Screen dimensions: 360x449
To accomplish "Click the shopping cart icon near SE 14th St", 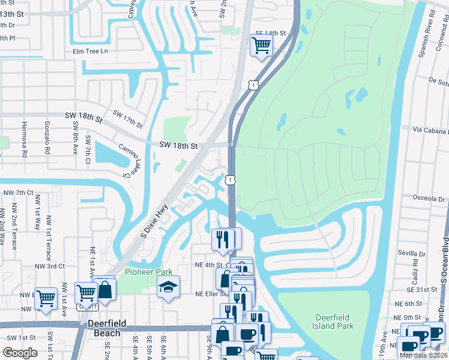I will pos(261,45).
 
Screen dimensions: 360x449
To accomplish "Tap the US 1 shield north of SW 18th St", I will pos(255,86).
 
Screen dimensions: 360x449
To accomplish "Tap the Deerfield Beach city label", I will pos(107,323).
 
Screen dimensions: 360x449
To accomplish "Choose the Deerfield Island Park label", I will pos(335,322).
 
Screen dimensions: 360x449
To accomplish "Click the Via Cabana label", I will pos(430,130).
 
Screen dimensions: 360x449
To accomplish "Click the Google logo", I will pos(20,352).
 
